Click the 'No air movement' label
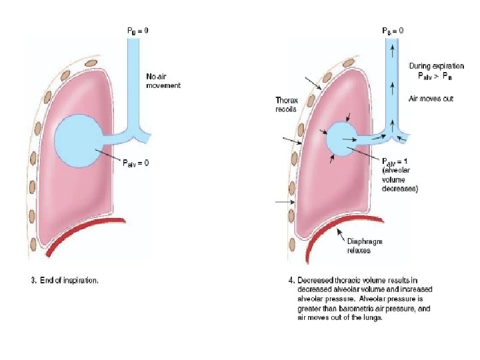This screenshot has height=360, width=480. pyautogui.click(x=163, y=81)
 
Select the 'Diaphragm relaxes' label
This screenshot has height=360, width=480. pyautogui.click(x=364, y=246)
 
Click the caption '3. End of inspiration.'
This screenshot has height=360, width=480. pyautogui.click(x=65, y=281)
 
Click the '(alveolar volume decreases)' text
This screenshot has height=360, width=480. pyautogui.click(x=400, y=179)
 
